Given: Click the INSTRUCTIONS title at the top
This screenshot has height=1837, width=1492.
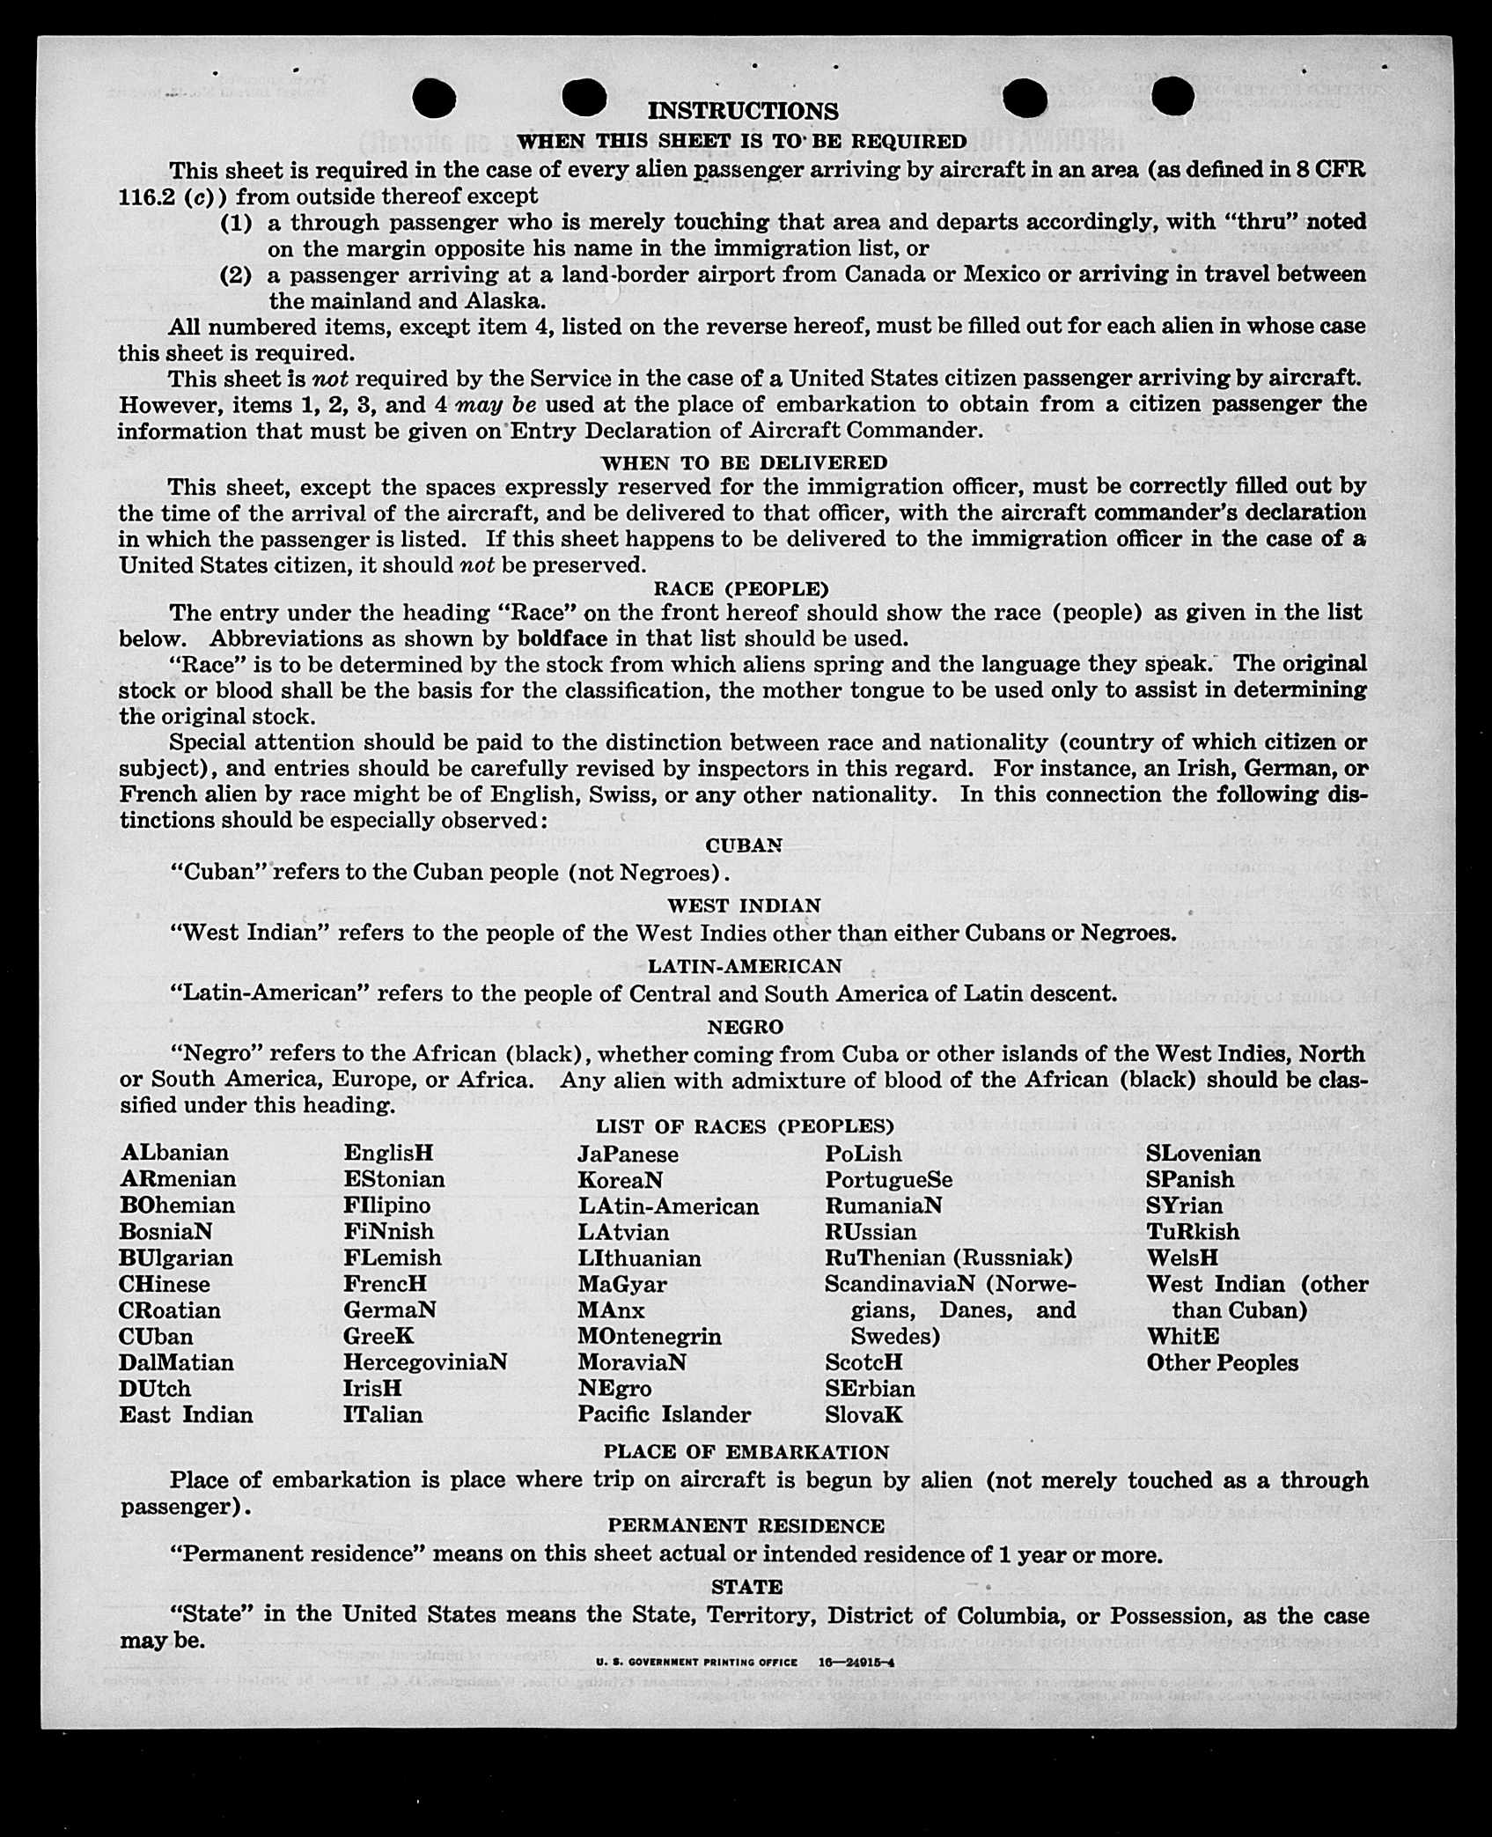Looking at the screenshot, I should point(744,112).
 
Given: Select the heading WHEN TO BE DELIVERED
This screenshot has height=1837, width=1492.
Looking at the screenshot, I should point(744,462).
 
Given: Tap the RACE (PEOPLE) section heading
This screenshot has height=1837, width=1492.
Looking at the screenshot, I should point(741,588).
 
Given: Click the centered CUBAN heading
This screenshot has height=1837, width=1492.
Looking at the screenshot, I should point(744,845).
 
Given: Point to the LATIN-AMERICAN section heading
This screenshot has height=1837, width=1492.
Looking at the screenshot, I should point(745,966).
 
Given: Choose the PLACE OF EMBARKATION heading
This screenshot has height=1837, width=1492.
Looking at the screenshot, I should point(746,1452).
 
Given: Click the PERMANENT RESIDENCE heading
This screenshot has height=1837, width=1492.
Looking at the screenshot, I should point(746,1526).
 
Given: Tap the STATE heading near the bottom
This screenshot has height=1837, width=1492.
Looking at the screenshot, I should point(746,1587).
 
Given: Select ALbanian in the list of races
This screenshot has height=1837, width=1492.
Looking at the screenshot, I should point(174,1153).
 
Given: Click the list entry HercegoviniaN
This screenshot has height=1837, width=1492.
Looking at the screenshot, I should point(425,1362).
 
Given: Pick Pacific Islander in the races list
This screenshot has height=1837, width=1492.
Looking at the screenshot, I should point(665,1414).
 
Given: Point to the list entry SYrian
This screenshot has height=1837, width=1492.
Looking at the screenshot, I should point(1184,1206).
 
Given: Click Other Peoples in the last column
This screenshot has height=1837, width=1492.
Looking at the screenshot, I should point(1222,1363).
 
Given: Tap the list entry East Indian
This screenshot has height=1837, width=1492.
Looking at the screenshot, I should point(186,1415).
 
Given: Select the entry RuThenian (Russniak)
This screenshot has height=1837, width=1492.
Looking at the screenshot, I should point(948,1258).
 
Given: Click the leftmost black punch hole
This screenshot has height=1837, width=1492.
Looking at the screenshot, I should point(434,97).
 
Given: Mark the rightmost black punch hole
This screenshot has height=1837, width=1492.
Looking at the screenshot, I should point(1172,95).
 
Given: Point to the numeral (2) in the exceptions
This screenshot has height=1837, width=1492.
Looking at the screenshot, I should point(235,275).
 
